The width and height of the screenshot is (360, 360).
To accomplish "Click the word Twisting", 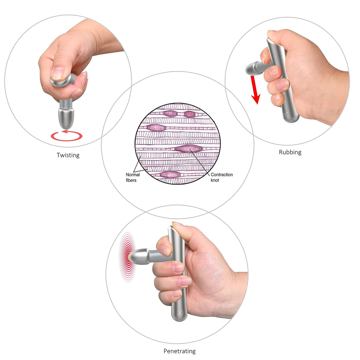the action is (68, 155).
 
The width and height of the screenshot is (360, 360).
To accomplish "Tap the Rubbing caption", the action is (290, 152).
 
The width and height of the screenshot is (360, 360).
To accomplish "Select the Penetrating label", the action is (180, 351).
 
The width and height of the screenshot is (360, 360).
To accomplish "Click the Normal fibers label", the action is (132, 177).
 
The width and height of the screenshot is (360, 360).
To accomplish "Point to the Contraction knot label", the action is (222, 177).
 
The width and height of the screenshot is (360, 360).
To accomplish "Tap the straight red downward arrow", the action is (255, 90).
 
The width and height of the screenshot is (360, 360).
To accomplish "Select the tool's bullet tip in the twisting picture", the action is (66, 118).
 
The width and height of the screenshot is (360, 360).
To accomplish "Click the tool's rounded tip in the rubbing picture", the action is (253, 68).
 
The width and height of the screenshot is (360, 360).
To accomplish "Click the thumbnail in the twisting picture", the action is (57, 73).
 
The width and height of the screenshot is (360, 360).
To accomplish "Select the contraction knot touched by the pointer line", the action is (189, 149).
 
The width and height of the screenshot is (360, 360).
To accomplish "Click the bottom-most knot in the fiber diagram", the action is (170, 175).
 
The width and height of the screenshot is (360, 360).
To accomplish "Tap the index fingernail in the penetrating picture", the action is (166, 251).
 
